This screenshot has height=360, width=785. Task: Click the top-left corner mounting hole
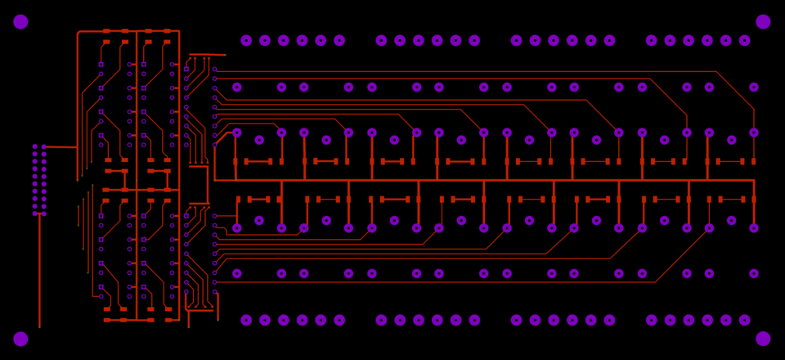coord(20,22)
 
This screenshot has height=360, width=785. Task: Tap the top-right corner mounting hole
coord(763,22)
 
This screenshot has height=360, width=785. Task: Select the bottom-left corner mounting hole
coord(20,339)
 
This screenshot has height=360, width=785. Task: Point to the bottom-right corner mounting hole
coord(763,339)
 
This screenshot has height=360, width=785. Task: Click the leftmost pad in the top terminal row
coord(246,40)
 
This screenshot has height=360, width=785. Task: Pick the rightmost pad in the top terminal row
coord(744,40)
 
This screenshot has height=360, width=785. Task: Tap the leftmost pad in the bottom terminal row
coord(246,320)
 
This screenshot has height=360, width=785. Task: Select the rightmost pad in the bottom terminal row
coord(744,320)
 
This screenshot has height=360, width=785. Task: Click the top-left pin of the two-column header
coord(35,147)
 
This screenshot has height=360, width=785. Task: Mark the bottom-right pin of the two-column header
coord(44,214)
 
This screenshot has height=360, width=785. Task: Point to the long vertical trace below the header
coord(39,270)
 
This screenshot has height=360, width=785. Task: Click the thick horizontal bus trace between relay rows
coord(482,180)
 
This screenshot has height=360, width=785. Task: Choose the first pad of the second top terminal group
coord(381,40)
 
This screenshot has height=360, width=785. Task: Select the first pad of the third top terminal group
coord(516,40)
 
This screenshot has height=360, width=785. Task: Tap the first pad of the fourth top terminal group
coord(651,40)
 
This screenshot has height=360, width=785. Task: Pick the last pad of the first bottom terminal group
coord(339,320)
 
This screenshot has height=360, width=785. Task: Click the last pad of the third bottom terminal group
coord(609,320)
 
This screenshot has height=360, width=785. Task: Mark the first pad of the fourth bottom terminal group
coord(651,320)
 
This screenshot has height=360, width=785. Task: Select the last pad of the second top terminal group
coord(474,40)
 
